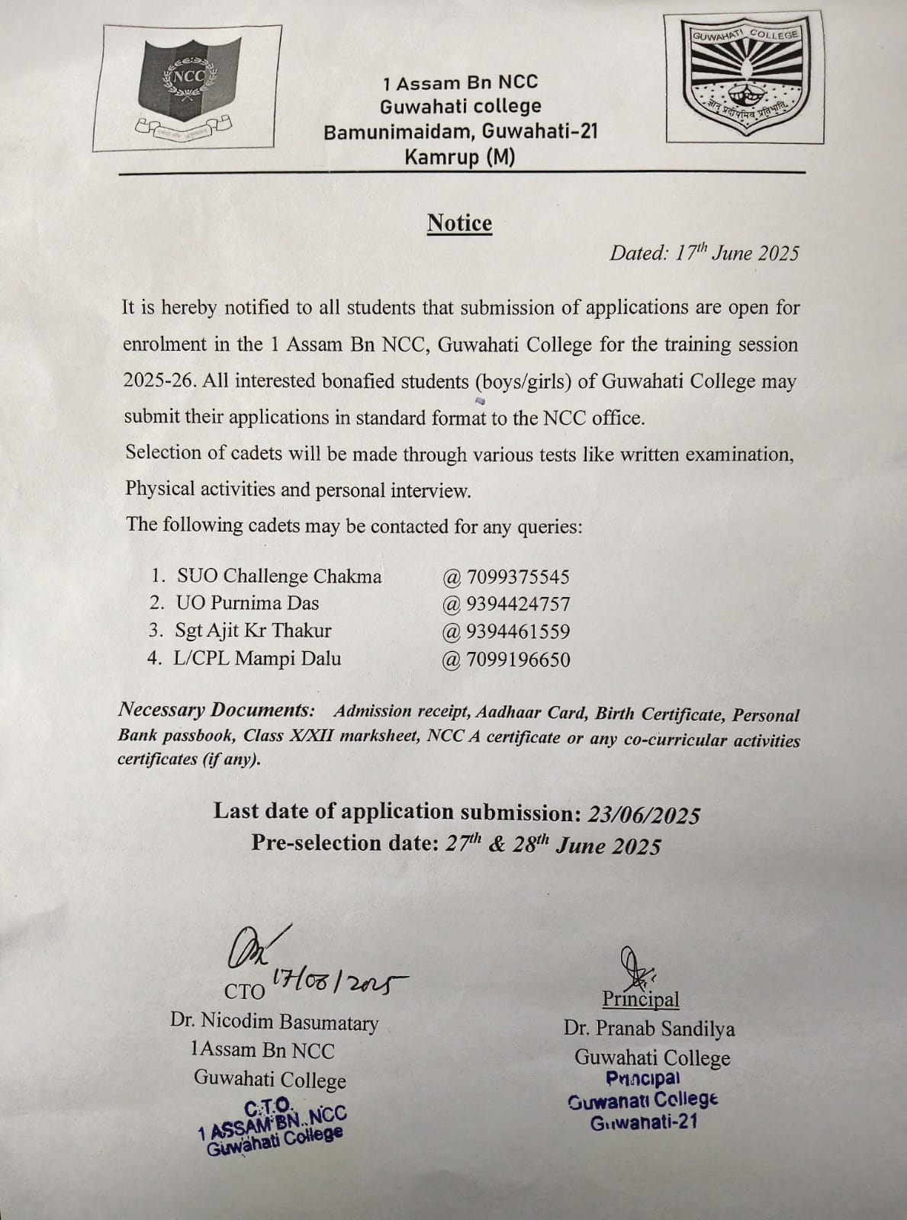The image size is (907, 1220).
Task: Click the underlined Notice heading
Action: click(x=459, y=223)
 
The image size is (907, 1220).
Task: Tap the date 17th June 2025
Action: click(x=703, y=253)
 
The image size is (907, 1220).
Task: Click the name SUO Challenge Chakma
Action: click(x=279, y=576)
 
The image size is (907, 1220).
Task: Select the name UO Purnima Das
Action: click(x=247, y=603)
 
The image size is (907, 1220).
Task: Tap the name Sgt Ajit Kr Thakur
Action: click(x=253, y=631)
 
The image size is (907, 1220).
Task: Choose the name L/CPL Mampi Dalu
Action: click(x=257, y=658)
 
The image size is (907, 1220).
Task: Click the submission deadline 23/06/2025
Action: click(x=644, y=815)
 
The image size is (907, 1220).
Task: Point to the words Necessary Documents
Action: click(x=216, y=710)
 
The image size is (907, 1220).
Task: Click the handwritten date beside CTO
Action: click(x=339, y=983)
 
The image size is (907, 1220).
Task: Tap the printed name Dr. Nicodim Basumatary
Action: click(x=274, y=1023)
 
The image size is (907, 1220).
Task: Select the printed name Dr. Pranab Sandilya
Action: click(x=649, y=1029)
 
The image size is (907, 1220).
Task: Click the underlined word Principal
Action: click(x=640, y=999)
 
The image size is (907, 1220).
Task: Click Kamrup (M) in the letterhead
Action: click(x=459, y=158)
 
